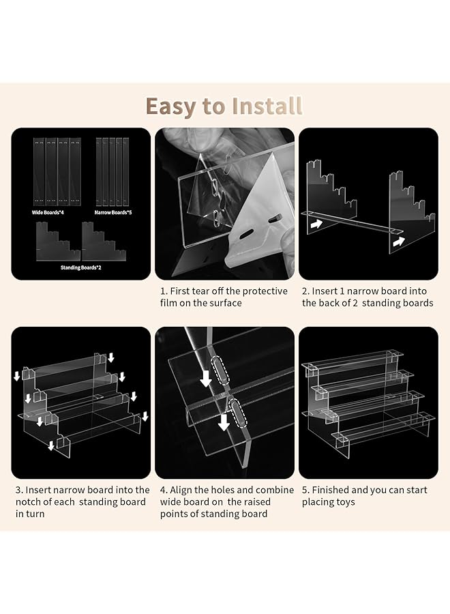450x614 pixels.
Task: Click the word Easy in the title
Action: [171, 106]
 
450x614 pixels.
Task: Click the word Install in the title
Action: [267, 106]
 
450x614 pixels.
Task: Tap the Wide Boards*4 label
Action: [48, 213]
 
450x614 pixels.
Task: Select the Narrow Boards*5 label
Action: [113, 213]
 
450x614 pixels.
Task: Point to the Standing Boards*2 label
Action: [80, 268]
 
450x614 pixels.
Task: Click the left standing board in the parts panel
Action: [58, 242]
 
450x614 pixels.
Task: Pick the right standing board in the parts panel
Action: [104, 242]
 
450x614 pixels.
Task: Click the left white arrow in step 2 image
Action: [316, 224]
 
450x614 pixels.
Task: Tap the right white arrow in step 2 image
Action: [399, 242]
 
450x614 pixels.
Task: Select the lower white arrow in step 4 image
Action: [224, 422]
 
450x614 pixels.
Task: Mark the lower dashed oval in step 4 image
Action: [238, 412]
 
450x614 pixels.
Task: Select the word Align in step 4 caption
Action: [181, 491]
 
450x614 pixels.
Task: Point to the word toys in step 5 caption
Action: [345, 502]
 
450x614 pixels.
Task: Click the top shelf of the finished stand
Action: [352, 360]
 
